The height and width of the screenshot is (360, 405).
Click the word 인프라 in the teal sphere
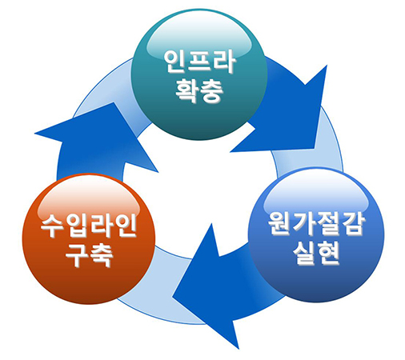tap(200, 62)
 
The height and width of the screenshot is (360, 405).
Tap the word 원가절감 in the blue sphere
tap(316, 223)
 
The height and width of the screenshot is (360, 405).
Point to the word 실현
tap(316, 253)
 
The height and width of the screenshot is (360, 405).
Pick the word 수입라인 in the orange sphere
tap(89, 226)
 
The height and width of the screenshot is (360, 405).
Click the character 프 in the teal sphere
tap(200, 62)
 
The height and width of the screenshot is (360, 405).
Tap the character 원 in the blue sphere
tap(280, 223)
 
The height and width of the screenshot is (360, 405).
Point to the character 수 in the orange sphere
tap(53, 226)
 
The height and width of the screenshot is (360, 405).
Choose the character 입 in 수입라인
tap(77, 226)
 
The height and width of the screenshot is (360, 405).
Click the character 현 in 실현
tap(328, 253)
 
